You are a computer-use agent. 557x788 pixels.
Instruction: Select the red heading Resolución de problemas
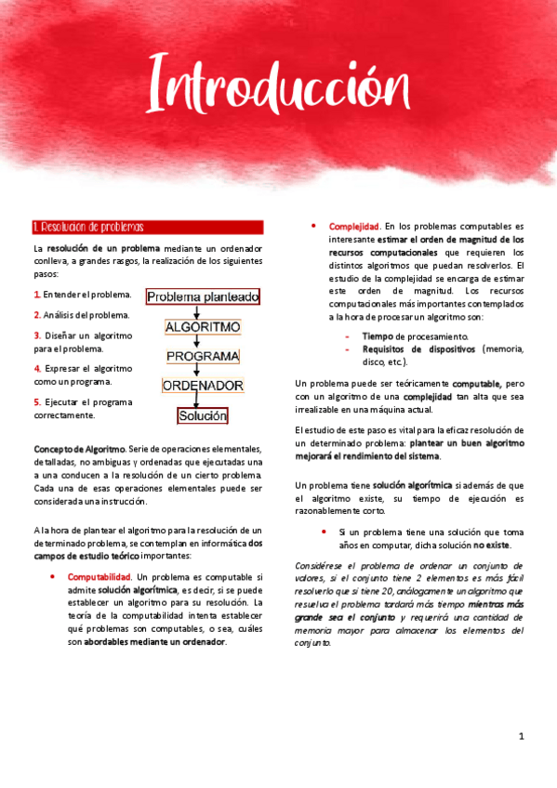88,228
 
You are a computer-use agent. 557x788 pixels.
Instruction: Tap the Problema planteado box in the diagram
203,296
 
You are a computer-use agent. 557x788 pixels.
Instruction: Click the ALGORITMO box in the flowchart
202,327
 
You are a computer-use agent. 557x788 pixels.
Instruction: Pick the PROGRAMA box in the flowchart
202,356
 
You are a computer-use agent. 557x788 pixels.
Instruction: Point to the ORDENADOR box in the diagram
202,385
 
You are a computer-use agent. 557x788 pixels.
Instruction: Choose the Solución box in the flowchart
202,415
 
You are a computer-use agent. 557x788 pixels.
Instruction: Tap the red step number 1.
35,295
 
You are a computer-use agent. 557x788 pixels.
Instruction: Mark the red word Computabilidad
99,577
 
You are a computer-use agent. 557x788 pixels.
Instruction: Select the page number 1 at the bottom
522,737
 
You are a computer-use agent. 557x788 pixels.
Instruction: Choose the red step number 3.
35,335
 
